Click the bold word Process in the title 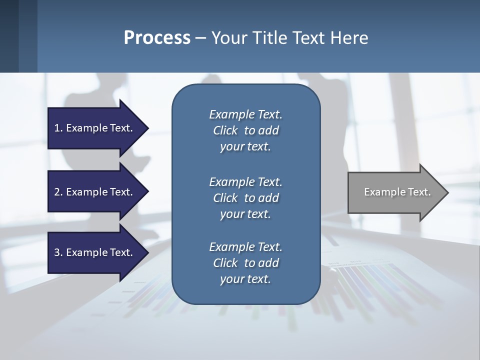[x=157, y=38]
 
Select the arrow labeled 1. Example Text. [x=95, y=128]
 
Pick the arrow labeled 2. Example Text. [x=95, y=192]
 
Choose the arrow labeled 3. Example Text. [x=95, y=252]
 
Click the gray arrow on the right [x=395, y=192]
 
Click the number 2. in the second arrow [x=58, y=192]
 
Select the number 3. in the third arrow [x=58, y=252]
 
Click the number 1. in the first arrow [x=58, y=128]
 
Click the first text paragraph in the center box [x=245, y=130]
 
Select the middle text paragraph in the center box [x=245, y=198]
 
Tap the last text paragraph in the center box [x=245, y=263]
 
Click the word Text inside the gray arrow [x=419, y=192]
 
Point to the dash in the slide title [x=200, y=38]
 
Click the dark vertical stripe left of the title [x=9, y=36]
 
